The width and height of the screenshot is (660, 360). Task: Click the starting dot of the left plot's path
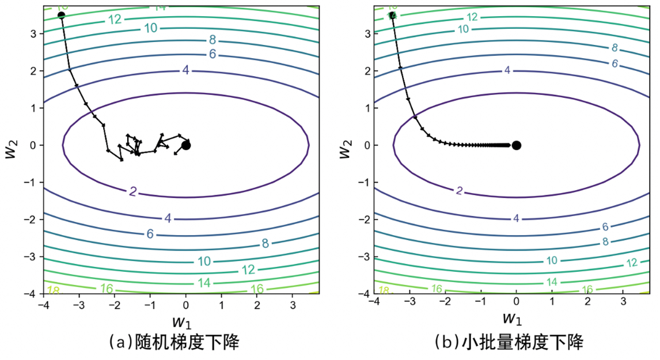point(61,14)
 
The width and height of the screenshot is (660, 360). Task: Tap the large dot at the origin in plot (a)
point(186,145)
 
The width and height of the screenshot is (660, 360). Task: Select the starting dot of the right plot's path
point(392,15)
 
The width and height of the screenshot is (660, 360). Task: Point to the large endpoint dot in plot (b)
point(517,145)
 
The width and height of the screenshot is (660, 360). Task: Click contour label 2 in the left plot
point(133,191)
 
